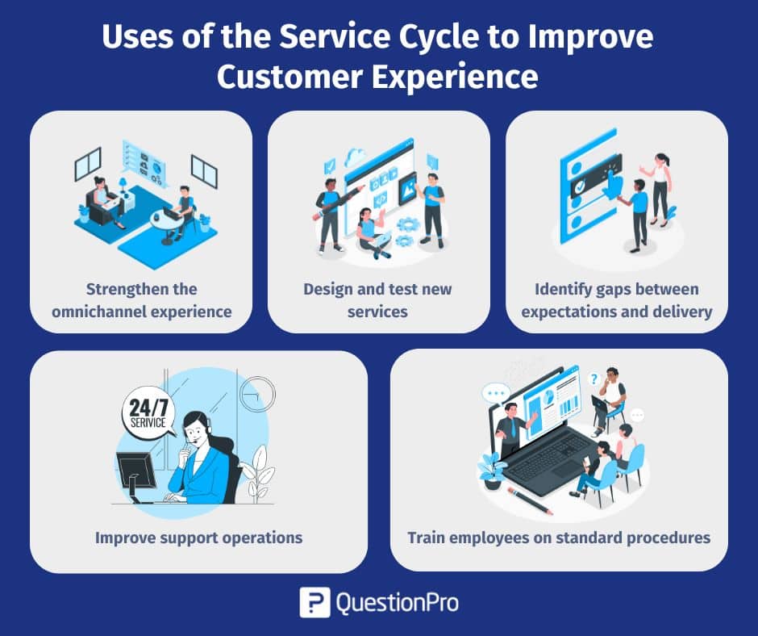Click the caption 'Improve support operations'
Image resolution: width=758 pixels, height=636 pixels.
click(x=198, y=537)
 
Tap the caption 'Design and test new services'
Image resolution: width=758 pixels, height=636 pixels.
click(x=378, y=299)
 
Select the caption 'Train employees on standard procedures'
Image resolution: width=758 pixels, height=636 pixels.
click(x=559, y=537)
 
